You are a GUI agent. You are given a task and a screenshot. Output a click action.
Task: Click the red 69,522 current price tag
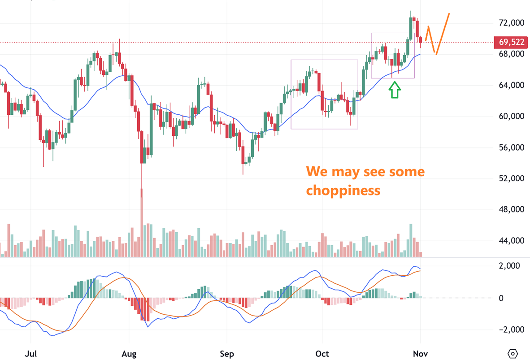tap(511, 43)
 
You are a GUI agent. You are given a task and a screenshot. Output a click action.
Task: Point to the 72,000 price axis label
tap(511, 23)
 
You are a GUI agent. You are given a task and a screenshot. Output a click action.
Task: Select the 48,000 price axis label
tap(511, 209)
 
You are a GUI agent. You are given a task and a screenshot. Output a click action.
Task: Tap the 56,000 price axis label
tap(511, 147)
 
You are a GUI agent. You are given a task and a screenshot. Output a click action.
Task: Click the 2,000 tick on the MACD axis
tap(510, 266)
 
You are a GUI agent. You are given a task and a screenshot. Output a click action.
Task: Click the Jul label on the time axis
tap(31, 354)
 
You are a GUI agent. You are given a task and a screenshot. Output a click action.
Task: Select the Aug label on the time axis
tap(129, 354)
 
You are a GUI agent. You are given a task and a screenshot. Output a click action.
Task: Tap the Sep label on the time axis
tap(227, 354)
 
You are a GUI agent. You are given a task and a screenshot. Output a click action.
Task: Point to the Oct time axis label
tap(322, 354)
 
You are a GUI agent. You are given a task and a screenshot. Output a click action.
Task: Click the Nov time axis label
tap(421, 354)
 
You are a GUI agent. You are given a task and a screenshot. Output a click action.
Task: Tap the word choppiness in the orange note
tap(343, 191)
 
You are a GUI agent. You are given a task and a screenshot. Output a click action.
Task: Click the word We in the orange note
tap(316, 172)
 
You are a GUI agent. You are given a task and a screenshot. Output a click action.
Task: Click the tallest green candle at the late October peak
tap(411, 28)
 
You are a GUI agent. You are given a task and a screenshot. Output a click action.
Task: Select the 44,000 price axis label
tap(511, 241)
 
